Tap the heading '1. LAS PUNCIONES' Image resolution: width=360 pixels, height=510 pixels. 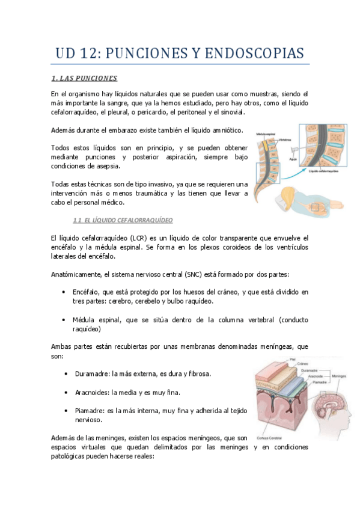[84, 78]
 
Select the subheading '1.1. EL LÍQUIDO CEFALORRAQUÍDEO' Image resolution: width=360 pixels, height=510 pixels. [123, 221]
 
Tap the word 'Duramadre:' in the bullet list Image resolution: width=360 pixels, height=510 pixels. [91, 374]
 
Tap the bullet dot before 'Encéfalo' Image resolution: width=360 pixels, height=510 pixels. [66, 292]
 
